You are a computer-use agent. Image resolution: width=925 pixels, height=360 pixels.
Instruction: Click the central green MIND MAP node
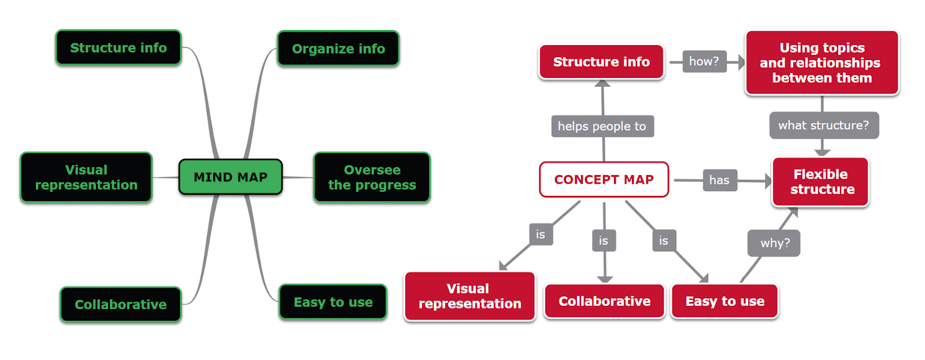click(x=231, y=177)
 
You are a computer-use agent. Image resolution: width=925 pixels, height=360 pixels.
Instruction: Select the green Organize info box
click(x=338, y=49)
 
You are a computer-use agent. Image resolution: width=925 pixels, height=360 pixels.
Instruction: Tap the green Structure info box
click(x=119, y=47)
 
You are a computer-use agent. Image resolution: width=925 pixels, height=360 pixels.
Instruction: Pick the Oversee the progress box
click(x=372, y=177)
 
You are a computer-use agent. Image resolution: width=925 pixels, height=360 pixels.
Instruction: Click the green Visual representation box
click(x=86, y=177)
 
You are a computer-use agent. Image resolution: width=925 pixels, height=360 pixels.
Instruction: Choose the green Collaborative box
click(x=120, y=304)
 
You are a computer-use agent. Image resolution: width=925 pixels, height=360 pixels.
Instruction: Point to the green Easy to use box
click(x=333, y=302)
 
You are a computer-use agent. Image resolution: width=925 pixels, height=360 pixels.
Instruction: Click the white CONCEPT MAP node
click(x=604, y=180)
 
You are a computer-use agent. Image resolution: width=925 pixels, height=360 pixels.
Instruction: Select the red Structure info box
click(x=601, y=62)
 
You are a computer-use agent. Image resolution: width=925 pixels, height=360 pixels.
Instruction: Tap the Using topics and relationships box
click(x=822, y=62)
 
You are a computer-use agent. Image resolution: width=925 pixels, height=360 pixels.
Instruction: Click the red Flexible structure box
click(x=820, y=181)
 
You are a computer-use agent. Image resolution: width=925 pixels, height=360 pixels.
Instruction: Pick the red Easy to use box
click(x=724, y=301)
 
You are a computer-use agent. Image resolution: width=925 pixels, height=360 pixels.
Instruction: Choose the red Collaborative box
click(x=604, y=301)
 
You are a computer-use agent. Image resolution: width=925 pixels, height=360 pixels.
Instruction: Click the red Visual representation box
click(x=469, y=296)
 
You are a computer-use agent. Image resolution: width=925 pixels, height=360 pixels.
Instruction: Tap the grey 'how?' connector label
click(x=704, y=61)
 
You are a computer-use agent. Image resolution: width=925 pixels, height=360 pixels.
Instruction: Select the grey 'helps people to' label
click(x=602, y=126)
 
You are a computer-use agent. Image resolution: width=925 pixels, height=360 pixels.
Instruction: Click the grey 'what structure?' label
click(x=823, y=125)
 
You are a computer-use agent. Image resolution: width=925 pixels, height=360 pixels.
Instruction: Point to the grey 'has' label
click(x=719, y=180)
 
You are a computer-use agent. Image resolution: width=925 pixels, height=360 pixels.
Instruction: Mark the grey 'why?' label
click(x=774, y=243)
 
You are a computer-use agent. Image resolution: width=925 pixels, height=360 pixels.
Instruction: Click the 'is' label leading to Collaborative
click(x=604, y=240)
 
